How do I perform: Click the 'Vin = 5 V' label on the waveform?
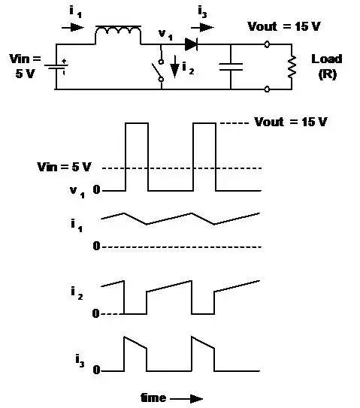tap(62, 166)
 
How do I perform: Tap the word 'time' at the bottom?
tap(154, 396)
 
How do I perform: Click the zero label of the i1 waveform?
tap(97, 246)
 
